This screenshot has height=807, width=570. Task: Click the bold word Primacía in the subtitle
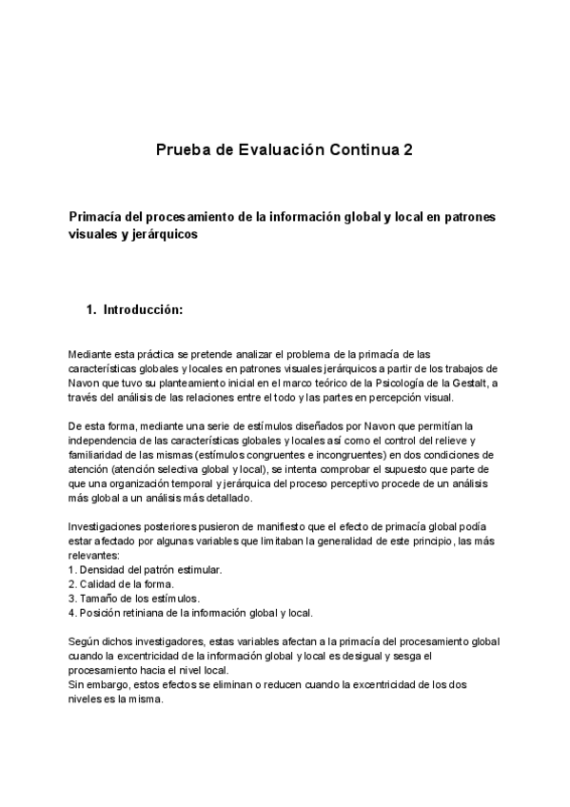click(x=99, y=217)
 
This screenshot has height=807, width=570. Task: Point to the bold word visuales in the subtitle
click(x=94, y=234)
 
